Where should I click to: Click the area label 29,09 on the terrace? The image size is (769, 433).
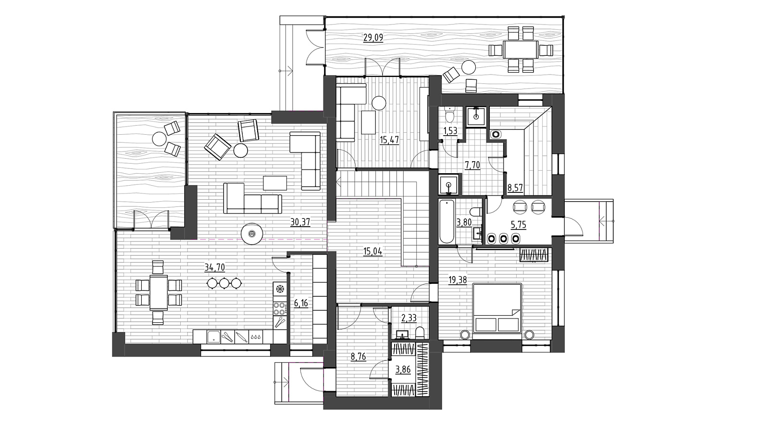click(x=373, y=38)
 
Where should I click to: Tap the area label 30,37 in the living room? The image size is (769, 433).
click(x=300, y=222)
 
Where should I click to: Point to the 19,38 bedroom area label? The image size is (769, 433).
click(x=458, y=280)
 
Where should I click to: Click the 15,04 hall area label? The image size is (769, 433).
click(x=373, y=252)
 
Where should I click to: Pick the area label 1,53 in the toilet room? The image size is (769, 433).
click(x=450, y=130)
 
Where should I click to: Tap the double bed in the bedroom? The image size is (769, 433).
click(x=497, y=308)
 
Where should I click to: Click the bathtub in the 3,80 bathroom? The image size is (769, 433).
click(x=447, y=222)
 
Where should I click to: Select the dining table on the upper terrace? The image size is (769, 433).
click(x=521, y=50)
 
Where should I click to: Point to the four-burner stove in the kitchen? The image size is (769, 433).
click(x=280, y=308)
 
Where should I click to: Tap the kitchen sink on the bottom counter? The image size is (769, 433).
click(x=213, y=337)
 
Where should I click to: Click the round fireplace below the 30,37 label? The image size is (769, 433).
click(x=252, y=234)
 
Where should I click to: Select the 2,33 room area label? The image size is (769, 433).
click(x=409, y=318)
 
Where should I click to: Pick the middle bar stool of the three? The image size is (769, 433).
click(x=224, y=283)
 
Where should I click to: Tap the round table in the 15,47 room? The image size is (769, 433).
click(x=379, y=103)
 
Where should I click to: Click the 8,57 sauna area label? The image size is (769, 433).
click(x=515, y=188)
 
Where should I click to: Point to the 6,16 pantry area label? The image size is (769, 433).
click(x=301, y=303)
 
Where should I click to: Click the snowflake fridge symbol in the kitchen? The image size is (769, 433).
click(x=280, y=289)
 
